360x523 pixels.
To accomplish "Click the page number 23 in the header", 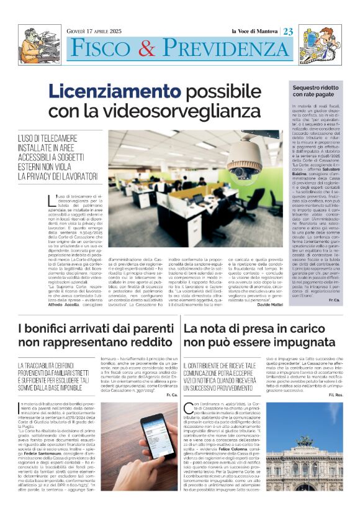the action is click(289, 32).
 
